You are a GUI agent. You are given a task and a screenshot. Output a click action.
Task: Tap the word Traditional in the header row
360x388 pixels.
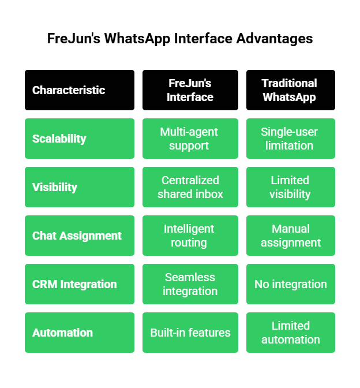(289, 83)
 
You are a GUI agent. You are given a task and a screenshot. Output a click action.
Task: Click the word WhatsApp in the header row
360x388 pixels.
(289, 97)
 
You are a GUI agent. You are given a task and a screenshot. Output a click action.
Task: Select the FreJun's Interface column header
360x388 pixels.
(190, 90)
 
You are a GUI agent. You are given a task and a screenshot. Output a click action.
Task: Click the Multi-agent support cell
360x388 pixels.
(190, 139)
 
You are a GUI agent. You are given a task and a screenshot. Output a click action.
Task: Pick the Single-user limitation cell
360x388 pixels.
(290, 139)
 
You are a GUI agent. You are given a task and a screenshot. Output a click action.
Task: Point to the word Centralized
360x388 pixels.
(190, 180)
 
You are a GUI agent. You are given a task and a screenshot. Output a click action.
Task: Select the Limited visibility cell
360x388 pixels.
(290, 187)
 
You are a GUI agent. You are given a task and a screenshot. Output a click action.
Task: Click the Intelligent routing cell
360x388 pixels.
(189, 236)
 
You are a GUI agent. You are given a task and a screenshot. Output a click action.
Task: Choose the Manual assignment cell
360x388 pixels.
(290, 236)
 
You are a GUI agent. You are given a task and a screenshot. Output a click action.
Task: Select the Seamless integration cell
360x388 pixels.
(190, 284)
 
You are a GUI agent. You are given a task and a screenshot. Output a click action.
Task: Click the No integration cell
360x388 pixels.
(290, 284)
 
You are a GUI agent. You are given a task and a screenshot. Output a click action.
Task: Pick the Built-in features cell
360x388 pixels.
(190, 333)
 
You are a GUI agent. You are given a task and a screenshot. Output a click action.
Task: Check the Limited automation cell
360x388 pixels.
(290, 333)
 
